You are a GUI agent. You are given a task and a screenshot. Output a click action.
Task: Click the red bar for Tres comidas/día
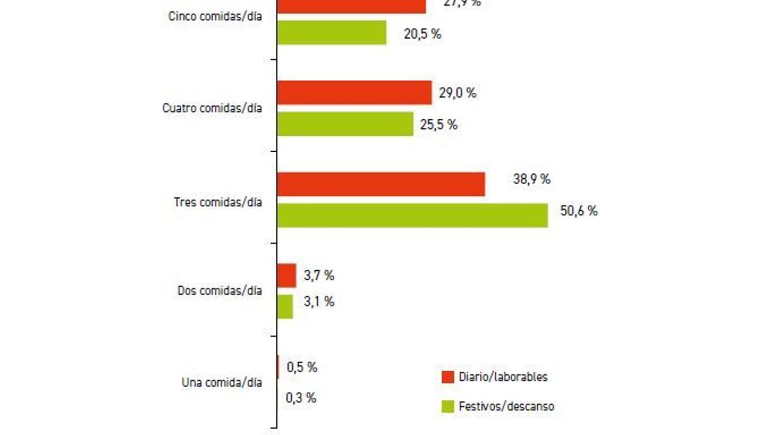(x=381, y=184)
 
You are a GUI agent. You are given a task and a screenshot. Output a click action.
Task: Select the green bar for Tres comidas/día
(x=412, y=216)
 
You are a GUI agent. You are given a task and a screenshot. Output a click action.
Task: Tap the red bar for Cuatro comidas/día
(x=354, y=93)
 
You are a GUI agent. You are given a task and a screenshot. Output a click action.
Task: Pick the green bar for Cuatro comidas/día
(x=345, y=124)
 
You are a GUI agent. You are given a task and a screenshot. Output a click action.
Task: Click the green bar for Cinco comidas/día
(x=331, y=33)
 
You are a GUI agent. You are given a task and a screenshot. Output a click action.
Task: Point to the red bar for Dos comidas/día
(x=286, y=275)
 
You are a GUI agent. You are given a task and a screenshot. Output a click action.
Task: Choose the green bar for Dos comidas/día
(x=285, y=307)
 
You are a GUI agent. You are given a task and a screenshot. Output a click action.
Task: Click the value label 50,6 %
(x=579, y=211)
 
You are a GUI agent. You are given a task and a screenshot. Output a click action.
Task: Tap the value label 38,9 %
(x=531, y=179)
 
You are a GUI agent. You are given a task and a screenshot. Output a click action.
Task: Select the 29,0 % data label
(x=458, y=93)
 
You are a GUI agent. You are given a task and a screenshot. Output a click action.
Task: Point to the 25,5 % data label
(x=439, y=125)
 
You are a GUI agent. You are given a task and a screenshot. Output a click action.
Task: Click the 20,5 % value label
(x=422, y=34)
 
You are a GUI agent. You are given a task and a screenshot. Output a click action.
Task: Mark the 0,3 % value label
(x=301, y=398)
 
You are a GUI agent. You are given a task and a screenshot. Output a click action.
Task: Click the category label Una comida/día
(x=222, y=382)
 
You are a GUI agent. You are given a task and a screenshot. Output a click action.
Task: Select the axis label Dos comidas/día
(x=220, y=290)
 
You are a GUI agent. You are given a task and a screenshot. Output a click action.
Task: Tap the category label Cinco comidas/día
(x=215, y=16)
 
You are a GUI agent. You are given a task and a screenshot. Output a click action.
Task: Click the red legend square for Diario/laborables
(x=448, y=377)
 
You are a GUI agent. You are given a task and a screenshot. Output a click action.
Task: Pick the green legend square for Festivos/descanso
(x=448, y=406)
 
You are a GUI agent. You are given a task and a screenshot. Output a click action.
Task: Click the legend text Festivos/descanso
(x=506, y=406)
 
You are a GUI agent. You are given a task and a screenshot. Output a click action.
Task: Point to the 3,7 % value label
(x=319, y=275)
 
